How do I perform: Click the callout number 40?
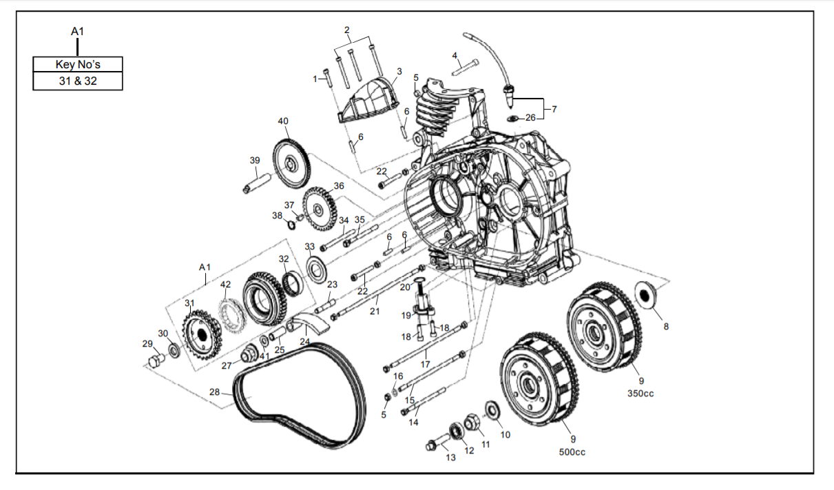(x=283, y=121)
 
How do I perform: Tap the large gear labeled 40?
(x=292, y=163)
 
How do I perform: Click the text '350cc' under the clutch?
(x=640, y=394)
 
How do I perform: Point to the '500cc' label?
(x=572, y=452)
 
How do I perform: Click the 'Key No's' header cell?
(x=78, y=65)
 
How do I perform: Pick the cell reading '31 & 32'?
(x=78, y=81)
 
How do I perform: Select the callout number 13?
(x=450, y=457)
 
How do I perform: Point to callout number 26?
(x=530, y=118)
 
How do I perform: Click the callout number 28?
(x=214, y=392)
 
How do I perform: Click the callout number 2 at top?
(x=347, y=30)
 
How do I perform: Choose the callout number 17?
(x=425, y=363)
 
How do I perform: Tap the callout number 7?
(x=554, y=109)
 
